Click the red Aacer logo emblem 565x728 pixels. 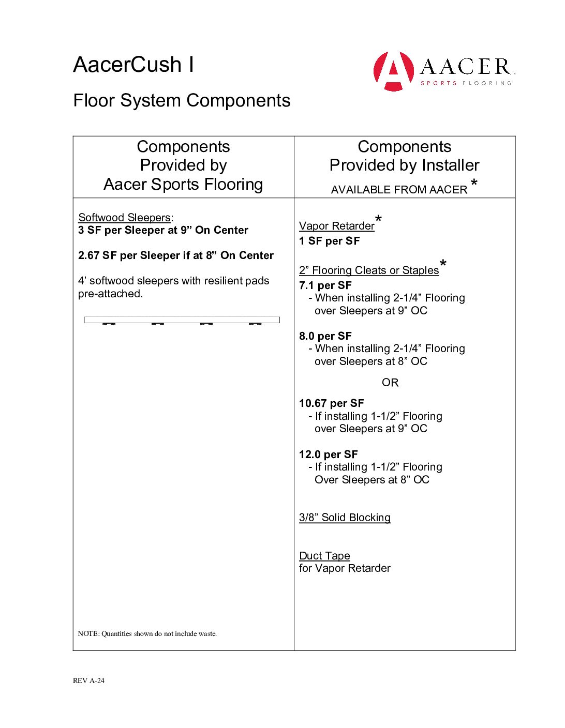(394, 71)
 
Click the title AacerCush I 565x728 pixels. (133, 65)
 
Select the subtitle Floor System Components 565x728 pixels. (182, 100)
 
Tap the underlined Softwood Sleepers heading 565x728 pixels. (124, 218)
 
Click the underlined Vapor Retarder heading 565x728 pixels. (336, 226)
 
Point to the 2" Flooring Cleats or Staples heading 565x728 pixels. (368, 270)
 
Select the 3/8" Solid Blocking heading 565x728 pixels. (345, 518)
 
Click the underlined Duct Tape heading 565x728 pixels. (324, 556)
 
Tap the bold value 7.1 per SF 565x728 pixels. (325, 285)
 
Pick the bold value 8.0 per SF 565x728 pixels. (325, 336)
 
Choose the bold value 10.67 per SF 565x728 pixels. (331, 403)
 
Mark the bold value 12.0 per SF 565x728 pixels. (328, 454)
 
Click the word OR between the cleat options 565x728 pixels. (390, 383)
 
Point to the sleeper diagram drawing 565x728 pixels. (182, 321)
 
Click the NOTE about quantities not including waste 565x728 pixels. (147, 634)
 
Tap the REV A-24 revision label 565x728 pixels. (88, 680)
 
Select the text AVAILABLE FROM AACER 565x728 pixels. (399, 190)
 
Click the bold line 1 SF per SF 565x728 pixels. (329, 241)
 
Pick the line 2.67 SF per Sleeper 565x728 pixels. (175, 255)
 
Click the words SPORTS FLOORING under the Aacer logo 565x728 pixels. (466, 83)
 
